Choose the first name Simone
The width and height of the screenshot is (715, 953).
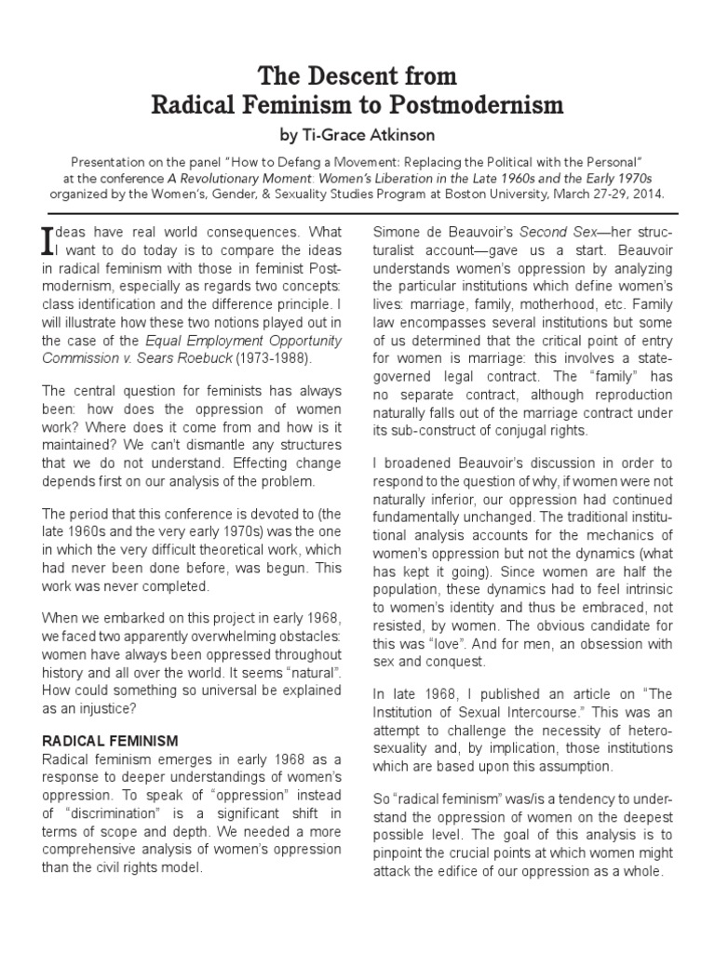pos(398,232)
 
